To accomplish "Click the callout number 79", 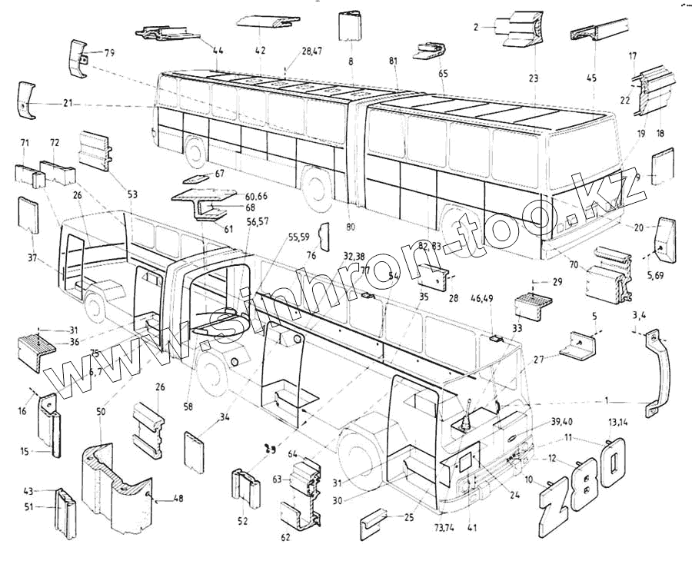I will tap(109, 53).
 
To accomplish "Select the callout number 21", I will tap(68, 104).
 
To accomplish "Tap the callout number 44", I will tap(218, 51).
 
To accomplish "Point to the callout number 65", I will tap(443, 73).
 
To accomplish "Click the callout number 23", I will tap(534, 78).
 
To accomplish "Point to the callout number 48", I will tap(178, 499).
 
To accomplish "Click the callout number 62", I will tap(286, 537).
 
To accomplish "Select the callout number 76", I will tap(311, 255).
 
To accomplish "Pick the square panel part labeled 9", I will tap(663, 168).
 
